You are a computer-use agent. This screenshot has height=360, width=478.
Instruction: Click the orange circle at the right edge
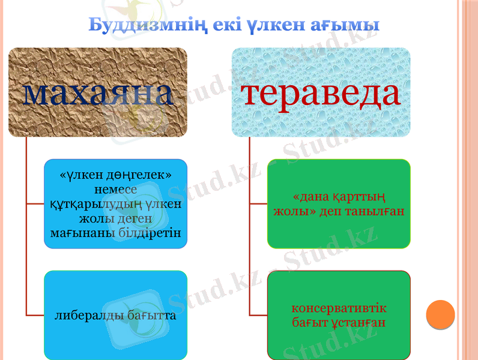click(x=440, y=314)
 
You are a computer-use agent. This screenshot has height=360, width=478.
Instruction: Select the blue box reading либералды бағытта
click(x=115, y=314)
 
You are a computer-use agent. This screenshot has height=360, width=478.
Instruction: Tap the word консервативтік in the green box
click(x=339, y=308)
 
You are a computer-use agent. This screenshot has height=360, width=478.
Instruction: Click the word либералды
click(x=88, y=315)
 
